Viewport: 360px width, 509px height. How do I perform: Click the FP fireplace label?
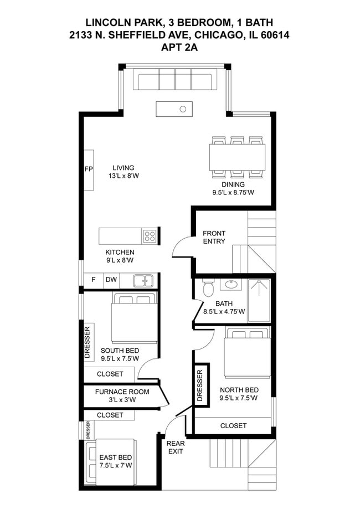[89, 169]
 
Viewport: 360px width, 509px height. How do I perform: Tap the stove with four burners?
[150, 236]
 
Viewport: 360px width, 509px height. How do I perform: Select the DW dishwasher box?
[111, 280]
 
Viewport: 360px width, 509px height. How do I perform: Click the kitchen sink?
[143, 281]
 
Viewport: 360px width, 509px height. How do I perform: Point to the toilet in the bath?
[208, 287]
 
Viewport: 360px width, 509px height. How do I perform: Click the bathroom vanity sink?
[231, 285]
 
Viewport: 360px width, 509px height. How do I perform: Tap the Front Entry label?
[214, 237]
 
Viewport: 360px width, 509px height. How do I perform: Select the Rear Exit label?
[176, 448]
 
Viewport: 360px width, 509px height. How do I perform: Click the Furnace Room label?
[122, 392]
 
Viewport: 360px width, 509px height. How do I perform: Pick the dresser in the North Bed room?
[200, 385]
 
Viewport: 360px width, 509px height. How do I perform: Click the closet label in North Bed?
[233, 425]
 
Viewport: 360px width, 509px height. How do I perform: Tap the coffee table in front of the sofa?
[174, 109]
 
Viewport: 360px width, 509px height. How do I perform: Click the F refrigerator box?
[94, 280]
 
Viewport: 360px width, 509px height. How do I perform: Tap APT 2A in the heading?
[179, 47]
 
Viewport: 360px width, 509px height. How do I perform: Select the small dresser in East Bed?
[88, 430]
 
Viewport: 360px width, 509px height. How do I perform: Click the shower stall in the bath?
[259, 301]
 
